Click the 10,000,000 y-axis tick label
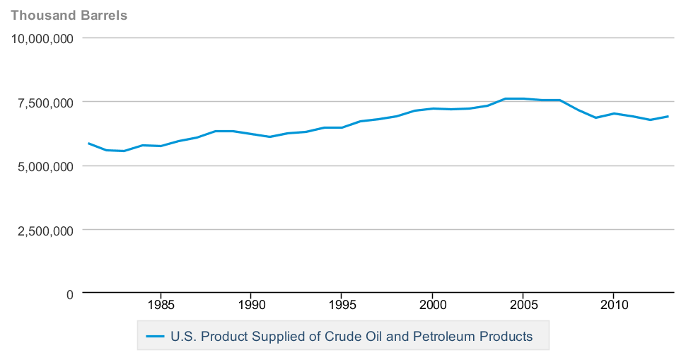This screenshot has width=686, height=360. (43, 39)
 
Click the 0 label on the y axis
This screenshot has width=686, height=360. (69, 294)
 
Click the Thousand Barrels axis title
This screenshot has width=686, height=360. (69, 15)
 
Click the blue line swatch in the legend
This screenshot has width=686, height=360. (155, 337)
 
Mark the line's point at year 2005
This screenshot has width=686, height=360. (523, 98)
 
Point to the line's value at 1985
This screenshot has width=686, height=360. (161, 146)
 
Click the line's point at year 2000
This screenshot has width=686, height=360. (432, 108)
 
